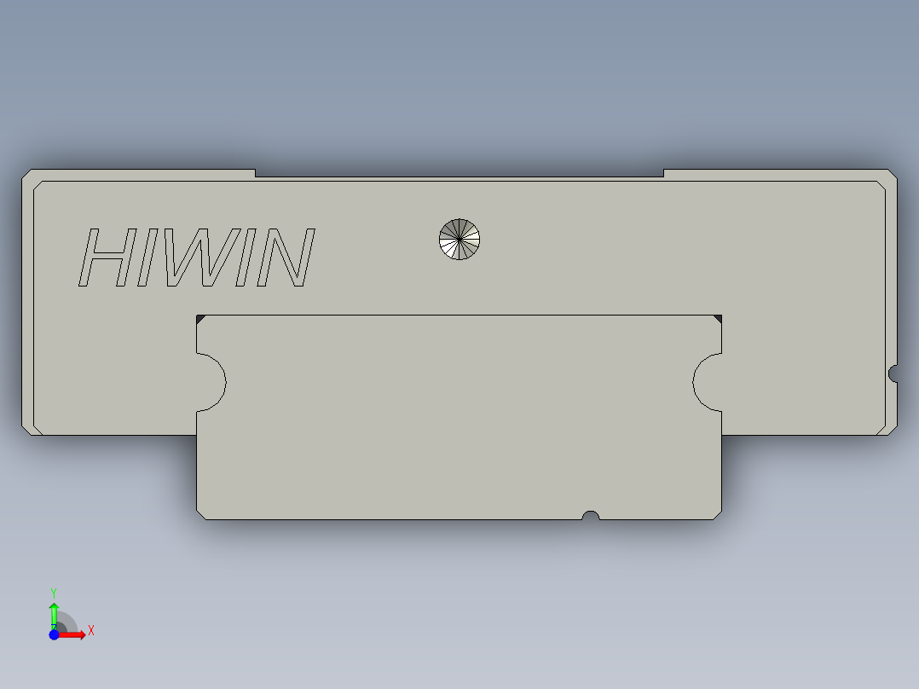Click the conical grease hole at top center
tap(459, 239)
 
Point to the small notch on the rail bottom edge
tap(590, 515)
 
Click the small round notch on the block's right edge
tap(893, 373)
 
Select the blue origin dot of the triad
tap(54, 634)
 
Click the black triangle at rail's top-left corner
tap(200, 319)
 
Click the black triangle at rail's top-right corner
tap(718, 319)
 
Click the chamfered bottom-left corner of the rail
tap(201, 514)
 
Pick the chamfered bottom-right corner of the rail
tap(717, 514)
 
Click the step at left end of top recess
tap(255, 173)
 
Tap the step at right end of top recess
tap(663, 173)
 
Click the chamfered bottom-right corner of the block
tap(892, 430)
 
